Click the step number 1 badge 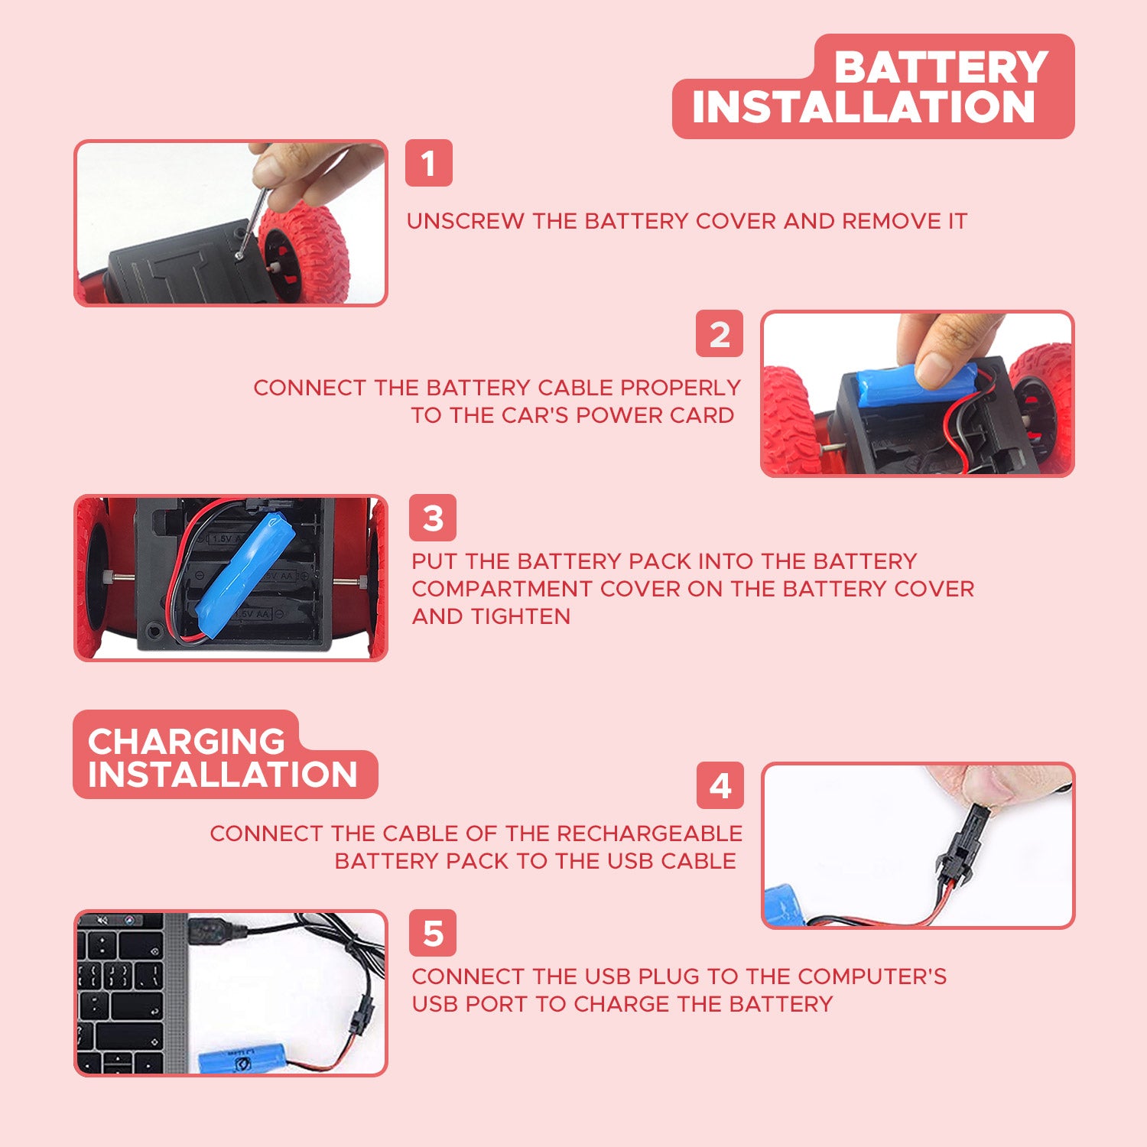point(428,163)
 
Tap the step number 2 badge point(720,333)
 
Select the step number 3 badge point(433,518)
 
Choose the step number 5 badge point(433,933)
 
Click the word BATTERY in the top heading point(941,67)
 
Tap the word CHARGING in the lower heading point(187,741)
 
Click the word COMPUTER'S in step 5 point(872,976)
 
